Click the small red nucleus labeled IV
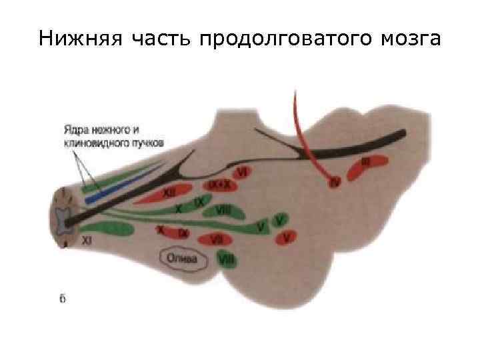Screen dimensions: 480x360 click(x=335, y=180)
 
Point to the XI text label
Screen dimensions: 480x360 click(x=87, y=239)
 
